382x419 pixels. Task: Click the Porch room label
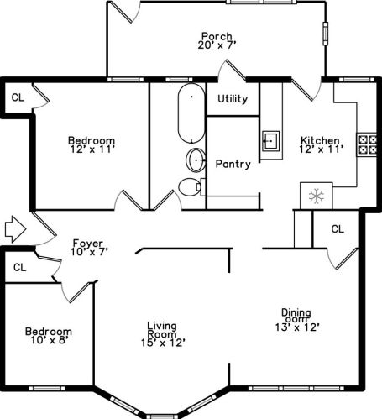tap(216, 40)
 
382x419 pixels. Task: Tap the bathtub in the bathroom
tap(191, 113)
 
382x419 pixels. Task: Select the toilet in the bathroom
tap(191, 186)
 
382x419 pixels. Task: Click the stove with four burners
tap(367, 144)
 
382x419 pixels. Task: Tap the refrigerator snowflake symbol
tap(317, 196)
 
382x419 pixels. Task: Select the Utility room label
tap(233, 99)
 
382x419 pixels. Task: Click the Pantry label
tap(233, 164)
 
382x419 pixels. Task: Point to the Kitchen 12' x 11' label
tap(320, 144)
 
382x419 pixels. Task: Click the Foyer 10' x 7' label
tap(89, 247)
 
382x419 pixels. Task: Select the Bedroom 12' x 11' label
tap(92, 144)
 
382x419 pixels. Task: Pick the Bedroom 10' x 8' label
tap(48, 335)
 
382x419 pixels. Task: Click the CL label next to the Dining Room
tap(337, 228)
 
